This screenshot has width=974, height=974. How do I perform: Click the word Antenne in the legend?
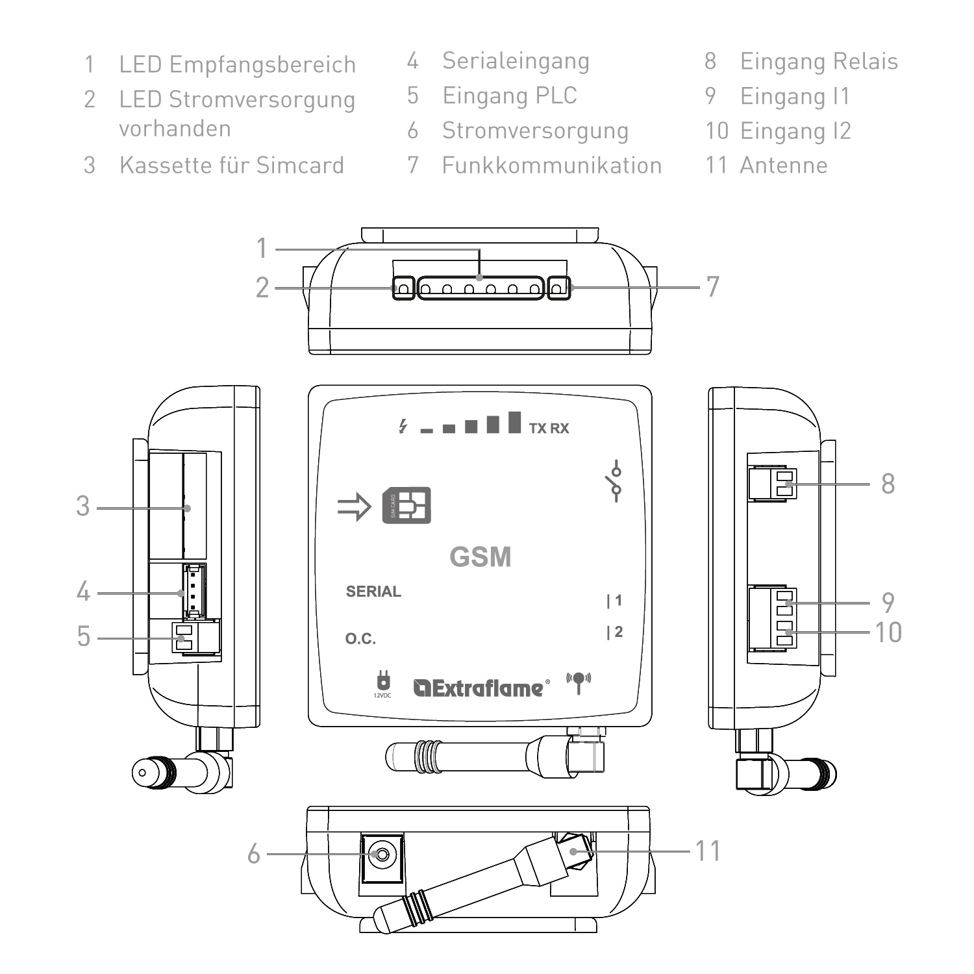[784, 166]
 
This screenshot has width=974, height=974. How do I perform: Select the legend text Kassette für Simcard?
[231, 166]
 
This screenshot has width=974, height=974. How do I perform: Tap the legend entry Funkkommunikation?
[552, 166]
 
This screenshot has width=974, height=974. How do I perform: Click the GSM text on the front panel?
[481, 557]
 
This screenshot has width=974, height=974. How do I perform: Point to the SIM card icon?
[406, 505]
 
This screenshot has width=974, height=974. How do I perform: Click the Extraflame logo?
[481, 688]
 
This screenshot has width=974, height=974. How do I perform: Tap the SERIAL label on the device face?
[373, 592]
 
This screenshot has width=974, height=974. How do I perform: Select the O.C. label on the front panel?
[360, 639]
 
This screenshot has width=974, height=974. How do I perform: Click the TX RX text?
[549, 429]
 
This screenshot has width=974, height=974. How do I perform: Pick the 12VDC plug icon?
[382, 683]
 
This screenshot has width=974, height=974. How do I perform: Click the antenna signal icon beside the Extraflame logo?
[579, 682]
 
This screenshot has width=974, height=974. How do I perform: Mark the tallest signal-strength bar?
[515, 422]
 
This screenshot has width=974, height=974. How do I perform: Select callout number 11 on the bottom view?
[708, 851]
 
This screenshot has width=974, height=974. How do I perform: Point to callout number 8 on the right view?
[888, 484]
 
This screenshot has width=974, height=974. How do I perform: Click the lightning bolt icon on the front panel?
[403, 426]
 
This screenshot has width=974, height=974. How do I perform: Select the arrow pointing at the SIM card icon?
[354, 506]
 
